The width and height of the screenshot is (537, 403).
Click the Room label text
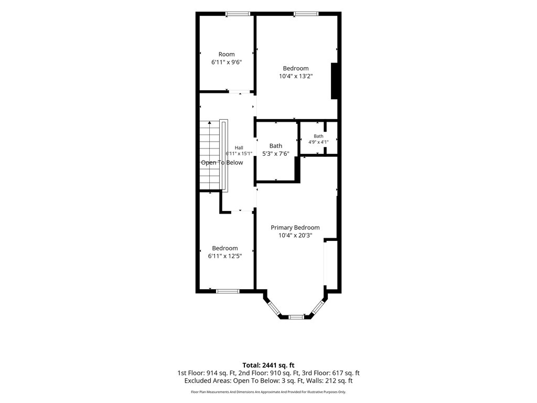pyautogui.click(x=227, y=54)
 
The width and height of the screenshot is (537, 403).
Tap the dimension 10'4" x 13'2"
pyautogui.click(x=296, y=76)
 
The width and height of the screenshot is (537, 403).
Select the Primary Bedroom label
pyautogui.click(x=295, y=228)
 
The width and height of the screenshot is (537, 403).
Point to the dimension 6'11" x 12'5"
pyautogui.click(x=225, y=256)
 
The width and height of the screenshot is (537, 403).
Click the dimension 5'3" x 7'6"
pyautogui.click(x=276, y=154)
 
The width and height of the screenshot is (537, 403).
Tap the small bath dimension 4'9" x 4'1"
pyautogui.click(x=318, y=142)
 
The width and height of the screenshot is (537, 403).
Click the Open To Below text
pyautogui.click(x=222, y=163)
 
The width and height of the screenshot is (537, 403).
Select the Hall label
pyautogui.click(x=239, y=147)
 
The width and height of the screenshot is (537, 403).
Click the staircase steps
pyautogui.click(x=210, y=155)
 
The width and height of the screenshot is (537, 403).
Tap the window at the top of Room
pyautogui.click(x=238, y=14)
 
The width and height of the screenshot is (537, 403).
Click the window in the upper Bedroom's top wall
pyautogui.click(x=306, y=14)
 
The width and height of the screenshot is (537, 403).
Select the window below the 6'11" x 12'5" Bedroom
pyautogui.click(x=228, y=291)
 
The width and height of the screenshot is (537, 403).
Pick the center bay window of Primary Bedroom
pyautogui.click(x=296, y=317)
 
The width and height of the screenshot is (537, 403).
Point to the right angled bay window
pyautogui.click(x=318, y=307)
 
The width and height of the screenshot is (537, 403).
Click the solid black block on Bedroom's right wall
pyautogui.click(x=334, y=81)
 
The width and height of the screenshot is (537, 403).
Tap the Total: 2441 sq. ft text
pyautogui.click(x=268, y=365)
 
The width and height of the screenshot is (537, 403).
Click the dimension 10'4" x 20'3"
pyautogui.click(x=295, y=236)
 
